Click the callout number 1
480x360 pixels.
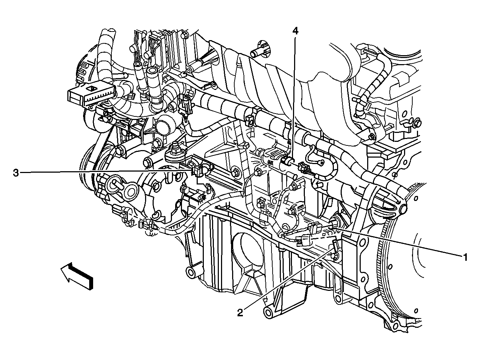[x=465, y=257]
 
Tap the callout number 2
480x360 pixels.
[x=240, y=313]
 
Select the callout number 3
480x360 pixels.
[x=16, y=173]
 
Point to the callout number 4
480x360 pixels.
[x=295, y=32]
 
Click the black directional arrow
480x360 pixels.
[x=77, y=277]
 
